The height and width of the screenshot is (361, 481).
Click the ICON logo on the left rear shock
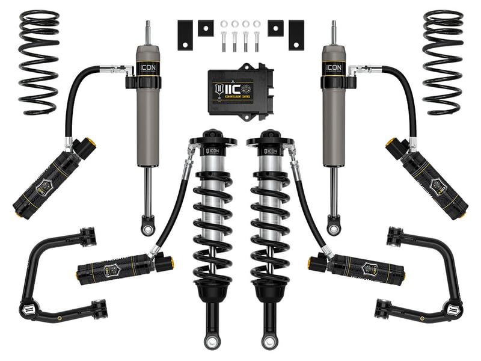pyautogui.click(x=147, y=66)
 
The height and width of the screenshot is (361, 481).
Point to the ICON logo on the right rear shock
pyautogui.click(x=334, y=66)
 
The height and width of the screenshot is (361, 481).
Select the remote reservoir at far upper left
pyautogui.click(x=54, y=177)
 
